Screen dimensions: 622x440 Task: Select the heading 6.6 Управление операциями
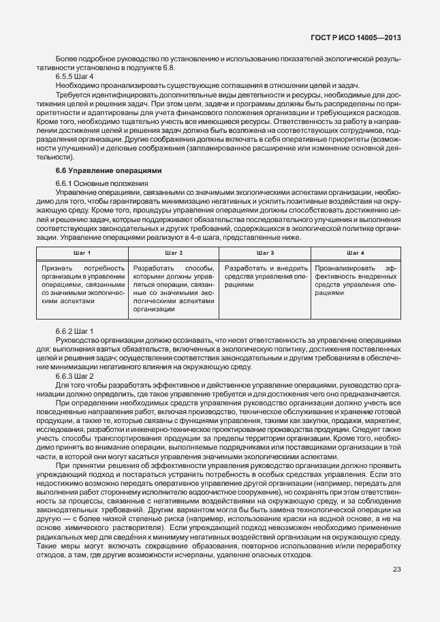pyautogui.click(x=99, y=170)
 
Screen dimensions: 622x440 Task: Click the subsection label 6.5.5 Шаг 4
pyautogui.click(x=74, y=77)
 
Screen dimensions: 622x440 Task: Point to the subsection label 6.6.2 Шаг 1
pyautogui.click(x=74, y=331)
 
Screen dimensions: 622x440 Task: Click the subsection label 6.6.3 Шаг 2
pyautogui.click(x=74, y=376)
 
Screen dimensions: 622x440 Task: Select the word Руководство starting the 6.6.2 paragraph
pyautogui.click(x=77, y=340)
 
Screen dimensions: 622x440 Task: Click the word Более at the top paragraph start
pyautogui.click(x=66, y=60)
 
